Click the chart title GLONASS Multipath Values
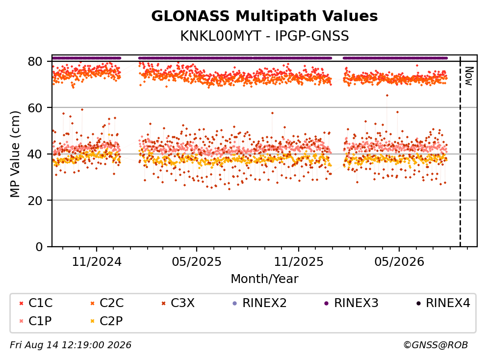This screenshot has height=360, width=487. [x=264, y=16]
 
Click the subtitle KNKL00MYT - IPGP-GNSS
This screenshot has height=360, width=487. [x=264, y=36]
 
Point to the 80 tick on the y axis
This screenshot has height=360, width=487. [x=35, y=61]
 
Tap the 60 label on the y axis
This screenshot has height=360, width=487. [x=35, y=108]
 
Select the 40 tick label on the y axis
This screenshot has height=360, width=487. [x=35, y=154]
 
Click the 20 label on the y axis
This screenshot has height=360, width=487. [x=35, y=200]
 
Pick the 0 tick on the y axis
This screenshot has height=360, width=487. [x=39, y=247]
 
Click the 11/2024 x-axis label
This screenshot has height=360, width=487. [x=97, y=262]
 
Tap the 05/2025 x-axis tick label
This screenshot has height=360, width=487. [x=197, y=262]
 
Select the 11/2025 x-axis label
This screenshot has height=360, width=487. [x=299, y=262]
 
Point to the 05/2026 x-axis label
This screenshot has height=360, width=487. [x=399, y=262]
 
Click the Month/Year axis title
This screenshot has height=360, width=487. [x=264, y=279]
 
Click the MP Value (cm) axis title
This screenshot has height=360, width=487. [x=15, y=154]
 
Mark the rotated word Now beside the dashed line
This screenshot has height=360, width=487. [x=469, y=76]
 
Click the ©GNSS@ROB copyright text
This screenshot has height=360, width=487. [x=436, y=345]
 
